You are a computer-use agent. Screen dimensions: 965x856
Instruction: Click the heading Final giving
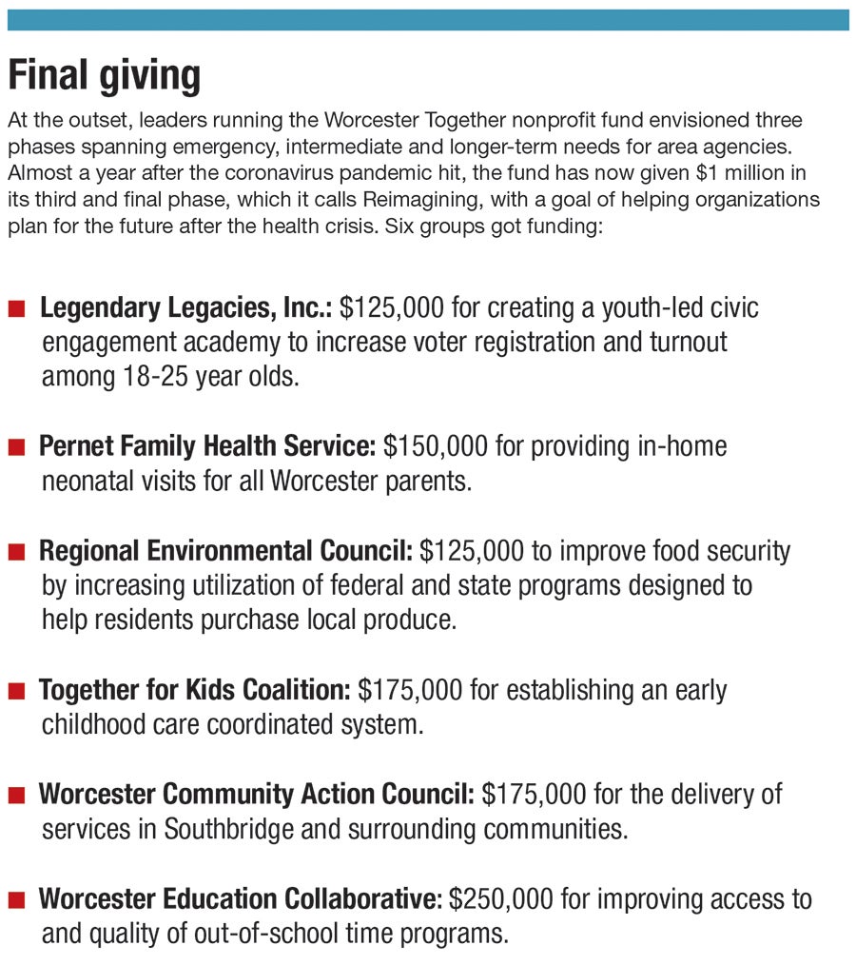point(105,75)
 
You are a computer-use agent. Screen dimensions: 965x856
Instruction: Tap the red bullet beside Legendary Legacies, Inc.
point(17,309)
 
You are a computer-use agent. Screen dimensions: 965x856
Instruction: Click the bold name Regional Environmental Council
point(225,551)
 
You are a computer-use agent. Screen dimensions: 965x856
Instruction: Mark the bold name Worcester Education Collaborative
point(241,899)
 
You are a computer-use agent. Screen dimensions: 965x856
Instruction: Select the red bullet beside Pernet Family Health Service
point(17,447)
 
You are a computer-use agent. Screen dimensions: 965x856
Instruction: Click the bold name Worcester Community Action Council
point(256,795)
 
